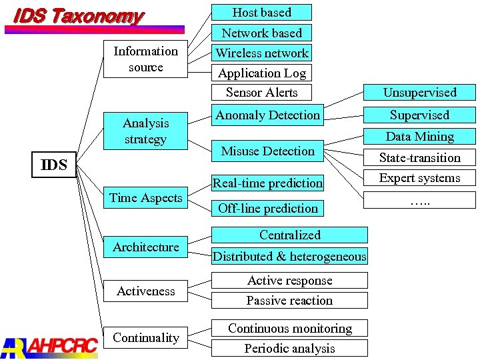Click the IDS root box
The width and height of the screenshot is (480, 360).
54,165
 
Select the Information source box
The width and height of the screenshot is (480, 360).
145,59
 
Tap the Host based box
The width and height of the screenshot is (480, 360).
261,12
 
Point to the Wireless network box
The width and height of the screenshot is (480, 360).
261,53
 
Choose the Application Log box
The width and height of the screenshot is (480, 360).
261,73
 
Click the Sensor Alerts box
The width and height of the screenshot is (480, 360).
261,93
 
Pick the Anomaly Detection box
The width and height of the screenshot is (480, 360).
267,115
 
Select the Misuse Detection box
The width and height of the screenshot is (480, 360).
267,151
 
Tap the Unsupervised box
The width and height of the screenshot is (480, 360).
419,93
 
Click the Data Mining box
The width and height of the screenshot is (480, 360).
419,137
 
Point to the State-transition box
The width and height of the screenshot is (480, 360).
419,158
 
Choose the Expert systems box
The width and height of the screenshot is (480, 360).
419,178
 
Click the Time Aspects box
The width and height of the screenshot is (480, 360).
145,198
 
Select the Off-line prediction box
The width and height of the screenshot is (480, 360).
267,208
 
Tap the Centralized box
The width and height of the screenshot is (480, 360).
289,235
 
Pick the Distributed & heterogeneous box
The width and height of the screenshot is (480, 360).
289,256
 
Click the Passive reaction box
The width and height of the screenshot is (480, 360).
289,301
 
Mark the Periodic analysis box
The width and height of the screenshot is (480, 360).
289,348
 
